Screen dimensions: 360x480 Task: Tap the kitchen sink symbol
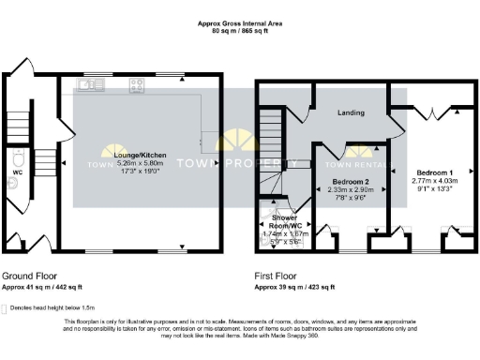(91, 86)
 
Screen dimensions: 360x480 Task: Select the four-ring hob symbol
(136, 86)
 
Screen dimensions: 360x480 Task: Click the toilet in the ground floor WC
(12, 183)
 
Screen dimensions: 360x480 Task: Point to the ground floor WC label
(19, 172)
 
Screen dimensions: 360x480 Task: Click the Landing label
(350, 112)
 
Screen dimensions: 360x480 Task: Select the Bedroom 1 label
(435, 173)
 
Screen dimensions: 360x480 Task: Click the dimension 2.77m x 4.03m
(435, 182)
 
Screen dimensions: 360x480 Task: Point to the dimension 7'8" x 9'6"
(350, 198)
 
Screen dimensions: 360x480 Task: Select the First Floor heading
(278, 277)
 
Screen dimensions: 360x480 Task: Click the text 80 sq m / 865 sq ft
(240, 29)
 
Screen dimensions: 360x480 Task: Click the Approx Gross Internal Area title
(240, 22)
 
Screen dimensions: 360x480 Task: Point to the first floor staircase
(272, 141)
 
